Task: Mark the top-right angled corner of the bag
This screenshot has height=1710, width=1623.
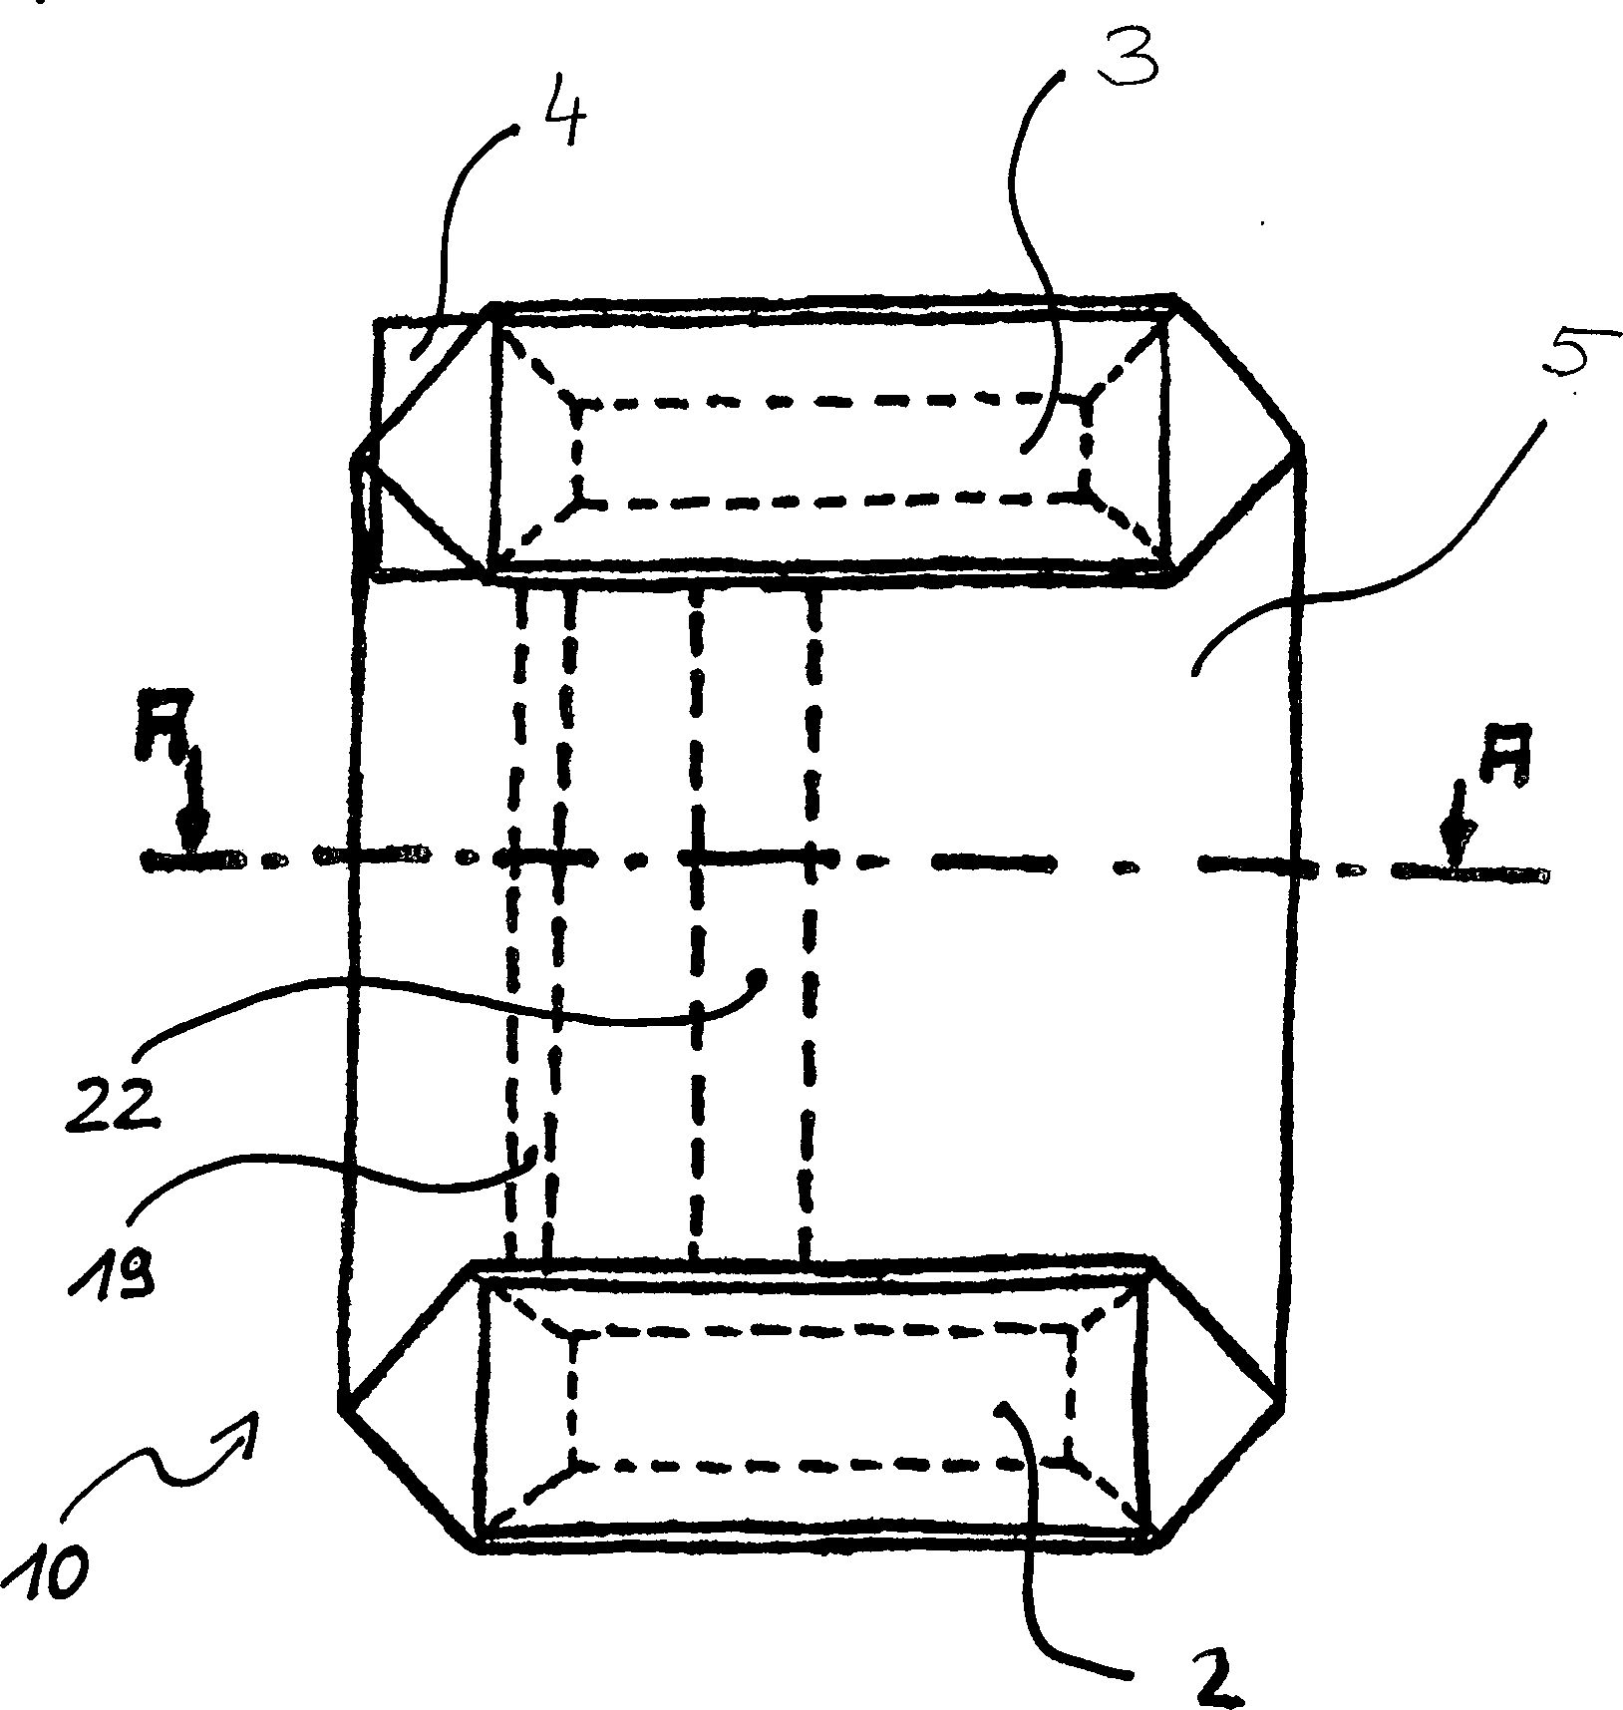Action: point(1241,369)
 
